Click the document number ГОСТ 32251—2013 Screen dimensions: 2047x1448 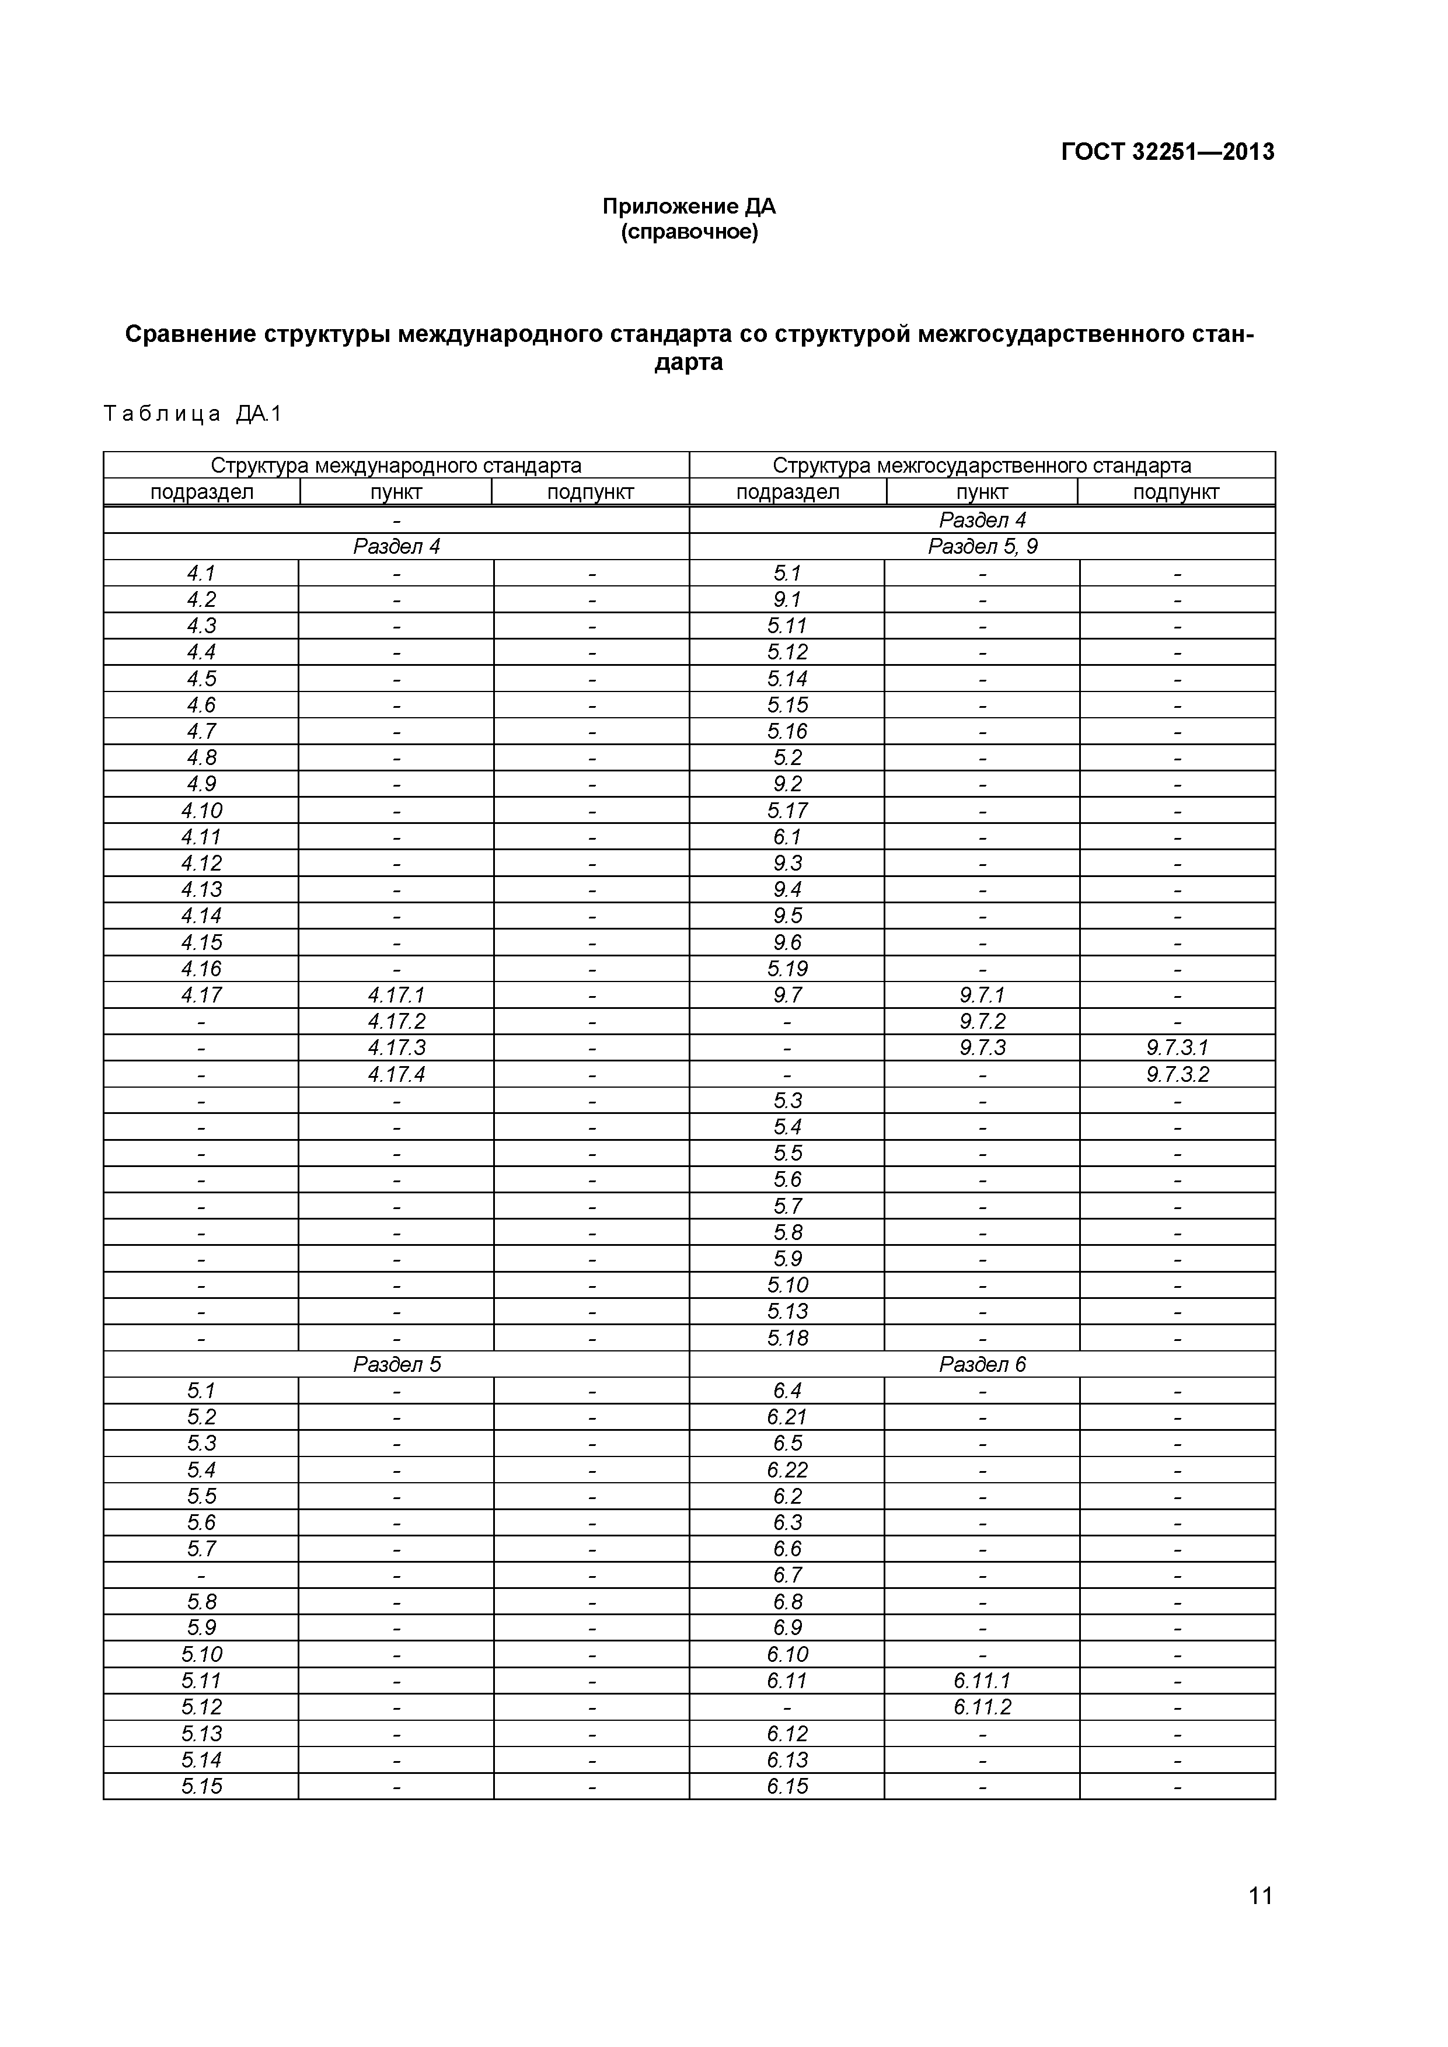[1167, 152]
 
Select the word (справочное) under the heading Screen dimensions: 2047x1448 [689, 233]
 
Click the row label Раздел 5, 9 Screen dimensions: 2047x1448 [983, 547]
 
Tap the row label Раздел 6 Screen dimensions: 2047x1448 [983, 1364]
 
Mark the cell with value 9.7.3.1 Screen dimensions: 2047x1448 [1177, 1047]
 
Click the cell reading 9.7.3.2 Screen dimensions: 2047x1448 [1177, 1074]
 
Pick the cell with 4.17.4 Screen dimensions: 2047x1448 [397, 1074]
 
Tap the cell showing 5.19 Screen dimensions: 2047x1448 [787, 969]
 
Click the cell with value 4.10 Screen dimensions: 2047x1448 [201, 811]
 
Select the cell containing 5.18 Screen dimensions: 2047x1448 [787, 1338]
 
